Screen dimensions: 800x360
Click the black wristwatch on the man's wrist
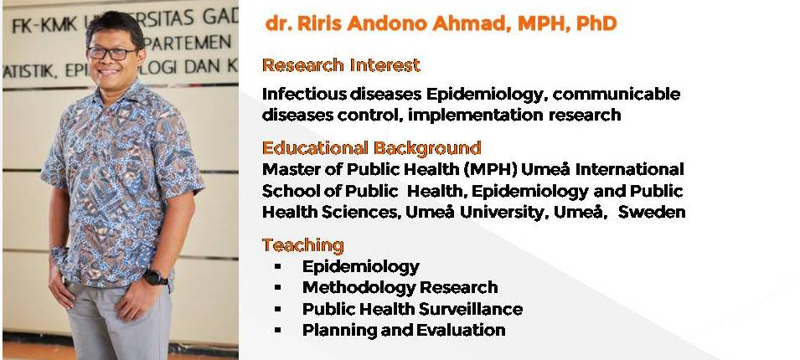point(155,277)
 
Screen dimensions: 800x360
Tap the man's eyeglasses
point(112,53)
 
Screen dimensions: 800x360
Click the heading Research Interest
point(341,65)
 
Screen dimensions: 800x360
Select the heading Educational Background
point(371,148)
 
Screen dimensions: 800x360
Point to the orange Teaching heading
point(302,245)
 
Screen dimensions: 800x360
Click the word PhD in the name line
point(596,23)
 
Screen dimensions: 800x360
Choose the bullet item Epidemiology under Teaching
point(361,267)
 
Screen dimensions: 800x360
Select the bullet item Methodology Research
point(400,288)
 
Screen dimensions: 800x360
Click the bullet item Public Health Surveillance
point(412,309)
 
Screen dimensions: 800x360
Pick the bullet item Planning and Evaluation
point(404,330)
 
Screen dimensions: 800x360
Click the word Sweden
point(652,212)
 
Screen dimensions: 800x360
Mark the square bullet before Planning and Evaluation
point(277,330)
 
